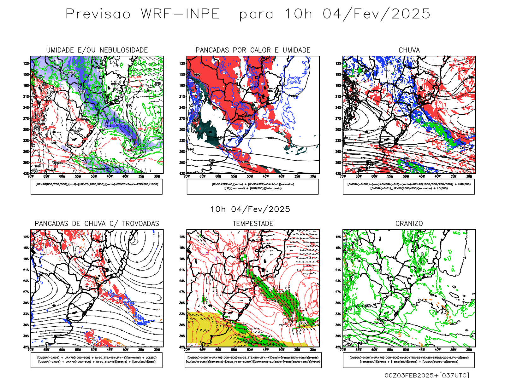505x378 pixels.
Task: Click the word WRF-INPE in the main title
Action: tap(180, 14)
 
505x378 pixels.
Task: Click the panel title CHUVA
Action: tap(409, 50)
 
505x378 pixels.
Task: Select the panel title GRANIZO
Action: tap(409, 224)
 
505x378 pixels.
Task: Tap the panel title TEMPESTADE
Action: tap(253, 224)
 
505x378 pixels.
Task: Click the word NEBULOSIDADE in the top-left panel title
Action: tap(123, 50)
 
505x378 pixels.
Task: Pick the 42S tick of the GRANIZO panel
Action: tap(338, 347)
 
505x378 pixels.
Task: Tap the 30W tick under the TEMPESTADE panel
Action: tap(313, 350)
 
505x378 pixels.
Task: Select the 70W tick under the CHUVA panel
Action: tap(343, 176)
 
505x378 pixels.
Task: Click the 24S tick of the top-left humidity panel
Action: tap(26, 108)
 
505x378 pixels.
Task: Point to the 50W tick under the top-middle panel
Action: tap(250, 176)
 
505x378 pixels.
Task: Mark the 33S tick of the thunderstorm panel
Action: tap(26, 314)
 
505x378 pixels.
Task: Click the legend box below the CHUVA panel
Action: tap(409, 186)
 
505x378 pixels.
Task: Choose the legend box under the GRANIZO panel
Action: tap(409, 360)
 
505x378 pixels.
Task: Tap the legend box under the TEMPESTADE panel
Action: tap(253, 360)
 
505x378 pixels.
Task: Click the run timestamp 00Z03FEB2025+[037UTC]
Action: tap(427, 375)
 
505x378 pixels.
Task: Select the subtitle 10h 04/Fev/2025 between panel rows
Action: tap(250, 209)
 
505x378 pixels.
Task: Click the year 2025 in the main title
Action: tap(411, 14)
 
